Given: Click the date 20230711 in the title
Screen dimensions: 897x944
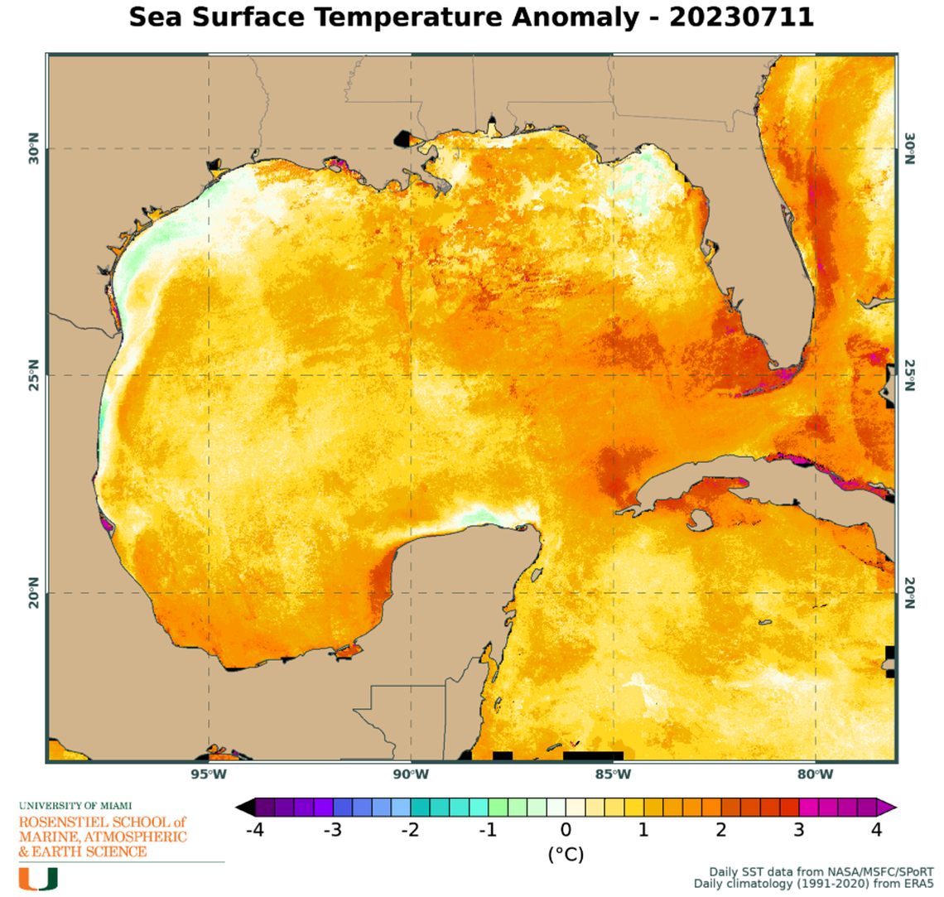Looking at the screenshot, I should pyautogui.click(x=740, y=17).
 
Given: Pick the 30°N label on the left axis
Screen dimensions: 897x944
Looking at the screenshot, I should pyautogui.click(x=34, y=150).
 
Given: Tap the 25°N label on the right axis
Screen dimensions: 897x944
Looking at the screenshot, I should pyautogui.click(x=909, y=375).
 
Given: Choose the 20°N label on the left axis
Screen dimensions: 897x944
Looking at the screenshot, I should pyautogui.click(x=34, y=593).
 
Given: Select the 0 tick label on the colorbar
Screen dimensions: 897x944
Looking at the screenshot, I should pyautogui.click(x=566, y=830).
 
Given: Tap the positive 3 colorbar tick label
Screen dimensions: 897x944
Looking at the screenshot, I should pyautogui.click(x=799, y=830).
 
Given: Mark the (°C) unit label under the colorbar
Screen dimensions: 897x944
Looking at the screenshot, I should pyautogui.click(x=566, y=854).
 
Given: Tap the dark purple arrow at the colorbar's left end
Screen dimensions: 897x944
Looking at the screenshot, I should pyautogui.click(x=244, y=806).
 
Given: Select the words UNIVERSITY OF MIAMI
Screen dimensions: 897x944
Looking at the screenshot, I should pyautogui.click(x=75, y=805).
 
